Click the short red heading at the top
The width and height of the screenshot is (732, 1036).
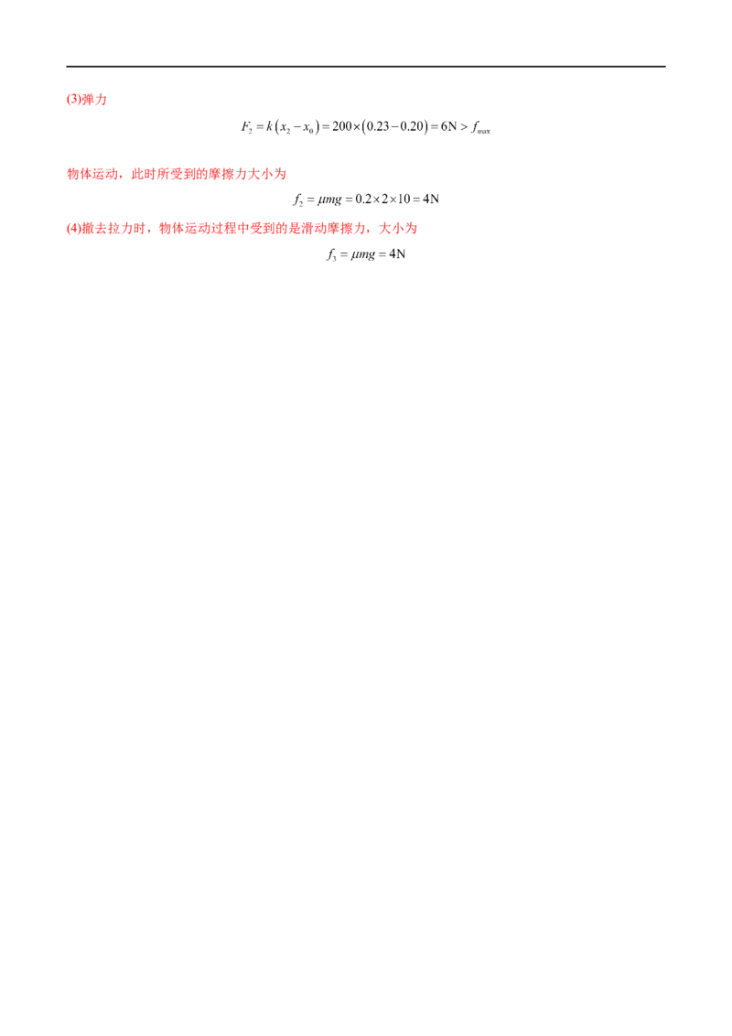click(87, 101)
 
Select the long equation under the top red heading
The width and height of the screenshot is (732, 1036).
click(366, 128)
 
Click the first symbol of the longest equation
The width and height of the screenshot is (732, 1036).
click(245, 123)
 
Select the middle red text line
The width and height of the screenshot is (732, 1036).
click(178, 174)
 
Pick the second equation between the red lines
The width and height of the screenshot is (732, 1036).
click(366, 198)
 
